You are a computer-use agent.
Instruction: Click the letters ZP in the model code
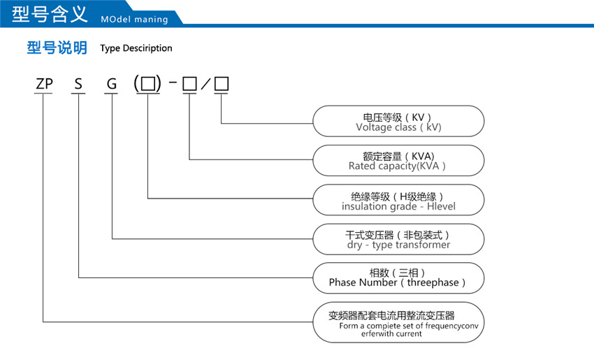[x=44, y=85]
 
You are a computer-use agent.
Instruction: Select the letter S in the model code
[x=78, y=85]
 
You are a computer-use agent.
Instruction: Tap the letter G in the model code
[x=112, y=85]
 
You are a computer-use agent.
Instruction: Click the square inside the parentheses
[x=147, y=85]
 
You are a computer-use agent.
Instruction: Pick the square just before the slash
[x=189, y=85]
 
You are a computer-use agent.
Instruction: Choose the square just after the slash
[x=222, y=85]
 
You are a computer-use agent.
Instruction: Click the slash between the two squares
[x=205, y=85]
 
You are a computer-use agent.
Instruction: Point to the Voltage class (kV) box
[x=398, y=121]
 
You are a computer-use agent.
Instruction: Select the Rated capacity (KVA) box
[x=398, y=161]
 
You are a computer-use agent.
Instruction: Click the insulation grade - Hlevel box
[x=398, y=200]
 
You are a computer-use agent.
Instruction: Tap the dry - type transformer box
[x=398, y=239]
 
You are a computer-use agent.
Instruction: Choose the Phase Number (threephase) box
[x=398, y=278]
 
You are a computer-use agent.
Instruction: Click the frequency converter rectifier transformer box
[x=398, y=322]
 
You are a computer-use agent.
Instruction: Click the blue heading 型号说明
[x=57, y=48]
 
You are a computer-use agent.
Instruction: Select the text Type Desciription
[x=136, y=48]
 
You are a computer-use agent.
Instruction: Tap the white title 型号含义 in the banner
[x=45, y=14]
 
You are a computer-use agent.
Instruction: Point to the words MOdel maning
[x=134, y=19]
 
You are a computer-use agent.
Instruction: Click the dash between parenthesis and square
[x=173, y=85]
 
